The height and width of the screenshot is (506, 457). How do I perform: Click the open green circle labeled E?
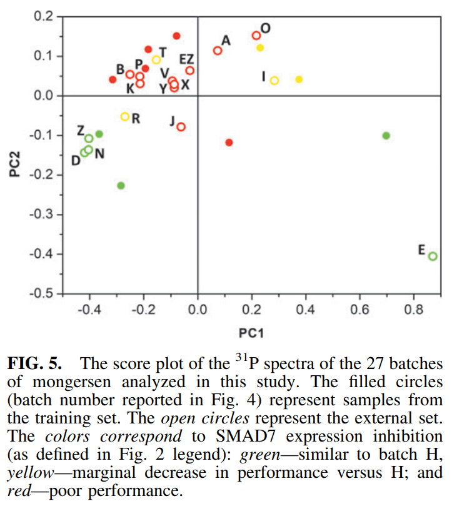tap(433, 256)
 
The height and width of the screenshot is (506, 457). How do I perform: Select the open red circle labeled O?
tap(256, 36)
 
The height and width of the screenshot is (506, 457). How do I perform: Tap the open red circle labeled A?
tap(218, 51)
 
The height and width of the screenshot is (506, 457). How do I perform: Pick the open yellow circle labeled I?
tap(274, 80)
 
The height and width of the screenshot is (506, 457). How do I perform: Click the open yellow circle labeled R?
tap(125, 116)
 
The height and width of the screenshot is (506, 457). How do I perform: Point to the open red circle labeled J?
tap(181, 127)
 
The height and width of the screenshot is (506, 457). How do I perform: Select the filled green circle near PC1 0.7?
tap(386, 136)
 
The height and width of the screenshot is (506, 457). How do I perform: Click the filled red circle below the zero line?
tap(229, 143)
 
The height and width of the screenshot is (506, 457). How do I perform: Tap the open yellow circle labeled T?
tap(156, 60)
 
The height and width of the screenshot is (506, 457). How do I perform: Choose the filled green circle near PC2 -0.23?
tap(121, 185)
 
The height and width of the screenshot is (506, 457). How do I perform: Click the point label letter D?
tap(75, 161)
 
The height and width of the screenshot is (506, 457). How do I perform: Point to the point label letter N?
tap(99, 153)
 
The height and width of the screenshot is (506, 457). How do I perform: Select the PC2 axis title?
tap(17, 163)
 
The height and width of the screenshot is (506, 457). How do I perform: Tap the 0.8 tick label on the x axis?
tap(413, 310)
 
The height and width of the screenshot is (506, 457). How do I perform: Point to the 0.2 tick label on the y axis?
tap(45, 16)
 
